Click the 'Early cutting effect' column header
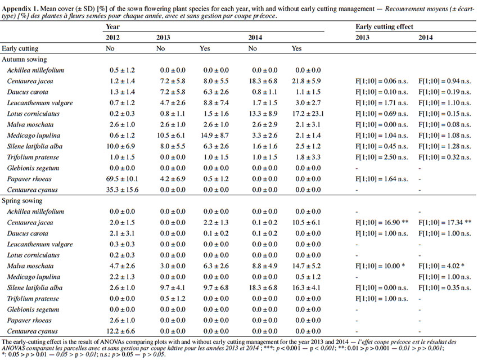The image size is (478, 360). [x=384, y=27]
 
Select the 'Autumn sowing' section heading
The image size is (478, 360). [x=24, y=60]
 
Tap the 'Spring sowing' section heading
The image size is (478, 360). [x=22, y=201]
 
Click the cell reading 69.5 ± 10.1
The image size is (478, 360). [x=122, y=179]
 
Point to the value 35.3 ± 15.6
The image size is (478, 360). [x=122, y=190]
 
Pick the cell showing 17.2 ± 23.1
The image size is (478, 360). [x=308, y=114]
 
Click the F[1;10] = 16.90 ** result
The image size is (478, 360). [x=382, y=223]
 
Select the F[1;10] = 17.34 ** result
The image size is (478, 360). [x=445, y=223]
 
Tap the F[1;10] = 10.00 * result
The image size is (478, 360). [x=380, y=266]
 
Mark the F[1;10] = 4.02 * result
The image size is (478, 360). [x=441, y=266]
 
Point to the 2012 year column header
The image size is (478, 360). [x=112, y=38]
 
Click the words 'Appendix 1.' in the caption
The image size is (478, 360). [x=20, y=9]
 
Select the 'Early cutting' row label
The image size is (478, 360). [x=20, y=48]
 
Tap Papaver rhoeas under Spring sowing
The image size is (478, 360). [x=29, y=321]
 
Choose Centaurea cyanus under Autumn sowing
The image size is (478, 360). [x=32, y=190]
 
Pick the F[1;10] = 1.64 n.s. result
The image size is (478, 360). [x=382, y=179]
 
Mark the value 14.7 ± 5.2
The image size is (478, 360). [x=306, y=266]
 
